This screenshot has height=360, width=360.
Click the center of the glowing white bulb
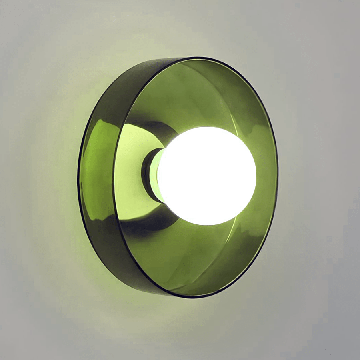[206, 176]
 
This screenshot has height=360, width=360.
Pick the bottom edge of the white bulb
[206, 225]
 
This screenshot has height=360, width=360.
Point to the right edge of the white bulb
[256, 176]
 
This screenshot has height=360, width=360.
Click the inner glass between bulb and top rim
[200, 92]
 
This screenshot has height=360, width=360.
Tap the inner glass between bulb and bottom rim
[200, 260]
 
